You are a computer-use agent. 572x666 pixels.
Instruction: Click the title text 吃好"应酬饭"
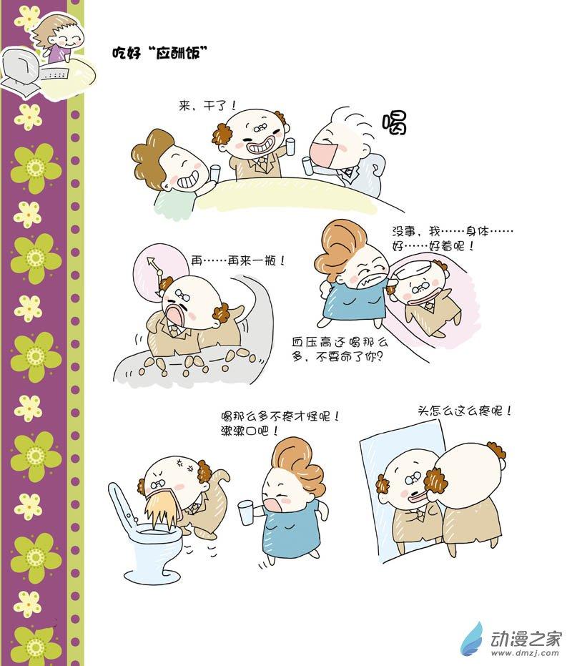[159, 52]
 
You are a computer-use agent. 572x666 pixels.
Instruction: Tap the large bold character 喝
[395, 123]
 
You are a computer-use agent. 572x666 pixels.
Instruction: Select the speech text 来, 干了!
[207, 105]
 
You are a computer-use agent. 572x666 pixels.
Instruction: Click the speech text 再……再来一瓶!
[238, 260]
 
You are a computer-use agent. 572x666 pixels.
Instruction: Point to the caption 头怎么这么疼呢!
[465, 411]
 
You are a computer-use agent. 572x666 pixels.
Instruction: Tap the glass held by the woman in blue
[245, 512]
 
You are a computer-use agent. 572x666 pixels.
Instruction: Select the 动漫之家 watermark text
[526, 639]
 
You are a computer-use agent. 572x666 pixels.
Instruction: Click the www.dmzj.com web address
[526, 653]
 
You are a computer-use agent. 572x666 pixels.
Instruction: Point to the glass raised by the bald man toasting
[290, 146]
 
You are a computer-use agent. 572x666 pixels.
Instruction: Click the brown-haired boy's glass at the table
[215, 174]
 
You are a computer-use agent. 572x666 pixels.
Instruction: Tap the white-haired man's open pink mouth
[323, 155]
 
